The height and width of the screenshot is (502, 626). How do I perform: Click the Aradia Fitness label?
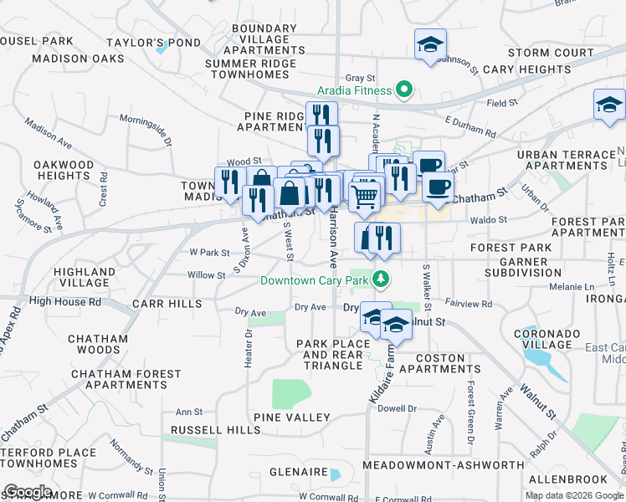coord(354,90)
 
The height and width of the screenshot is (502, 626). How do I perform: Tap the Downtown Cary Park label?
coord(315,280)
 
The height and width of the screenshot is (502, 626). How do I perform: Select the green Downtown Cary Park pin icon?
coord(382,279)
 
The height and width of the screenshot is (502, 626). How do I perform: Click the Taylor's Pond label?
coord(141,42)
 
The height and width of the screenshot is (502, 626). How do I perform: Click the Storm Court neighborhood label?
coord(550,53)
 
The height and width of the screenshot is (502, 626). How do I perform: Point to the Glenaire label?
coord(297,472)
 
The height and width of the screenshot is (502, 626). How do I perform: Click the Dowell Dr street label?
coord(397,408)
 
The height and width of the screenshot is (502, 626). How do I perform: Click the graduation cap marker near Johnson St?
coord(430,44)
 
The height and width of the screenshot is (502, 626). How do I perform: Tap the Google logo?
coord(28,493)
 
